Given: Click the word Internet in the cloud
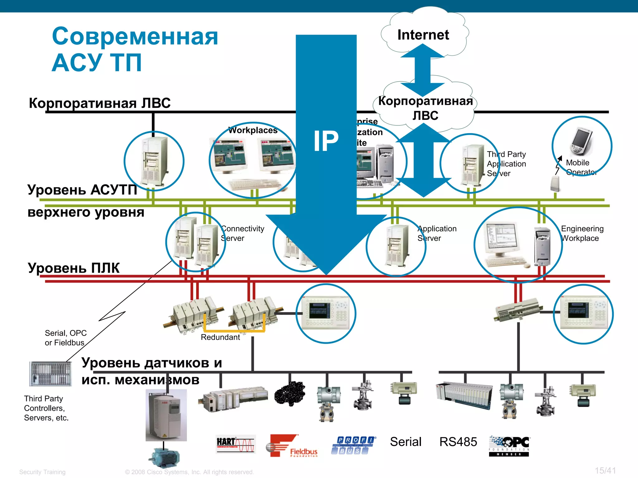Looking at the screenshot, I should coord(423,35).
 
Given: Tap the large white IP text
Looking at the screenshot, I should coord(326,141).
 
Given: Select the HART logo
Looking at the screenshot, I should coord(236,444).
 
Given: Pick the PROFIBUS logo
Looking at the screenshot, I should coord(353,445).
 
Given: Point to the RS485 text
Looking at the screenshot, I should coord(458,442).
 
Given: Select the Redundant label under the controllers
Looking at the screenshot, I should coord(220,337).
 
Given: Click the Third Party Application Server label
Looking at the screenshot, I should coord(506,164).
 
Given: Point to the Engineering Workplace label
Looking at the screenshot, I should coord(582,233).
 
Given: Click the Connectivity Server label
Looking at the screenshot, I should coord(242,233).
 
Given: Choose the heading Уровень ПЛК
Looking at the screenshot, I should coord(74,268).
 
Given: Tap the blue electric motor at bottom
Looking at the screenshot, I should coord(164,457).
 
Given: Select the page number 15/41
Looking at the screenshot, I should coord(605,471).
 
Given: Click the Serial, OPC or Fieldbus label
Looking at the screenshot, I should coord(65,338).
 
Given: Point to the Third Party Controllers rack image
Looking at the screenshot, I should coord(50,373).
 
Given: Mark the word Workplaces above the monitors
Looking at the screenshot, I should coord(253,130).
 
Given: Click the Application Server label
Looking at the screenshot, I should coord(437,233).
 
